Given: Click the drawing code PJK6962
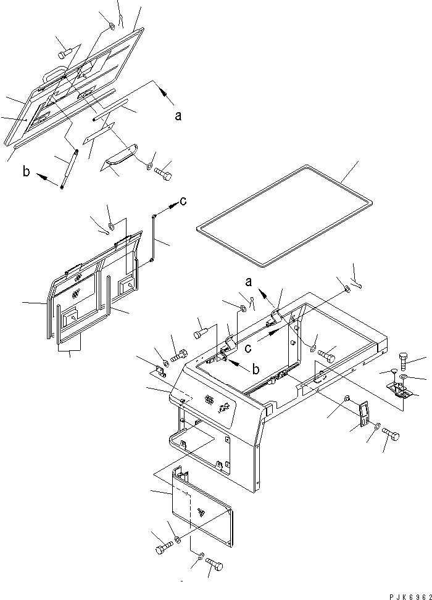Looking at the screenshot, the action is pyautogui.click(x=410, y=596).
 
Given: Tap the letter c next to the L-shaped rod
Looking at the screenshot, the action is pyautogui.click(x=183, y=200).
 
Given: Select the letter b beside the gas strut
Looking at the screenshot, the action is pyautogui.click(x=26, y=171).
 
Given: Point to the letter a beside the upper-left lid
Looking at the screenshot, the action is pyautogui.click(x=178, y=115).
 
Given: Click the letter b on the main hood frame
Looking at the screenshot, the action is pyautogui.click(x=255, y=369).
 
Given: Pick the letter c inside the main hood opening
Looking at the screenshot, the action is pyautogui.click(x=249, y=348).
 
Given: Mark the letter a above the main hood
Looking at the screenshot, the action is pyautogui.click(x=249, y=282).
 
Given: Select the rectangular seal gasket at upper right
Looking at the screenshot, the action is pyautogui.click(x=284, y=215).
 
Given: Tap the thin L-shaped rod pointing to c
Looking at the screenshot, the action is pyautogui.click(x=154, y=237).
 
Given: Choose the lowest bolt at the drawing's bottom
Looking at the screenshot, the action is pyautogui.click(x=214, y=564).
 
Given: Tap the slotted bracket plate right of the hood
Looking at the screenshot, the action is pyautogui.click(x=364, y=413).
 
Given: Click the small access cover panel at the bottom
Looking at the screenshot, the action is pyautogui.click(x=202, y=506).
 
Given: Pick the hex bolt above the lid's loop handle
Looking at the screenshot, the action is pyautogui.click(x=65, y=54).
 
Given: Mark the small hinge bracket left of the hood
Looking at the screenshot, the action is pyautogui.click(x=160, y=371).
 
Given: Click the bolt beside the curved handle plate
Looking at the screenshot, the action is pyautogui.click(x=163, y=174).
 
